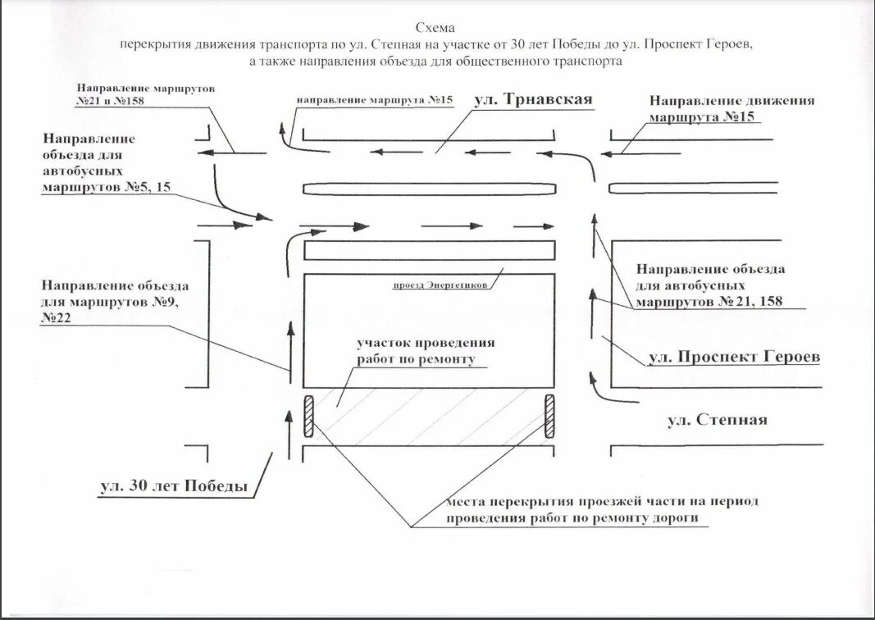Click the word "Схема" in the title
[436, 28]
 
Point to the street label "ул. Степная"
[717, 420]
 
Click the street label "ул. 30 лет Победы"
[174, 486]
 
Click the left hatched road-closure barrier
[310, 416]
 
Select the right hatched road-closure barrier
[550, 416]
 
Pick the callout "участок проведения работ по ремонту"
[426, 350]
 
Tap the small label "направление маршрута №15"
[375, 100]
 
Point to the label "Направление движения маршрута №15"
[731, 108]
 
